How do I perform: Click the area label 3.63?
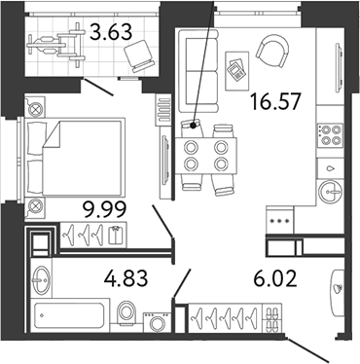click(111, 32)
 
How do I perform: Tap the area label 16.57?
click(275, 101)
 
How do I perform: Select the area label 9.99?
click(104, 209)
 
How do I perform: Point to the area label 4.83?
click(126, 278)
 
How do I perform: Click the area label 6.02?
click(275, 279)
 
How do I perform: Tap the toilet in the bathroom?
click(126, 313)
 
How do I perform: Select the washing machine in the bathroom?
click(158, 322)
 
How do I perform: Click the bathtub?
click(69, 315)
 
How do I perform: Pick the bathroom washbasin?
click(41, 279)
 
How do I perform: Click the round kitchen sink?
click(330, 192)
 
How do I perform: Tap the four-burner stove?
click(330, 134)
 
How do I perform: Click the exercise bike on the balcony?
click(55, 45)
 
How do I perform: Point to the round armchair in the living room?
click(272, 51)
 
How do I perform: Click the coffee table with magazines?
click(236, 71)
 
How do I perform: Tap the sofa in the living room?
click(198, 70)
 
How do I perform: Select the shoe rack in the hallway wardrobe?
click(271, 318)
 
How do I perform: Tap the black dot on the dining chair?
click(194, 126)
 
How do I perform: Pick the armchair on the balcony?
click(139, 55)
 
